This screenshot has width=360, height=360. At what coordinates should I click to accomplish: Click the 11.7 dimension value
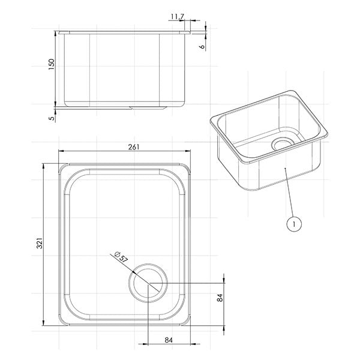click(x=178, y=17)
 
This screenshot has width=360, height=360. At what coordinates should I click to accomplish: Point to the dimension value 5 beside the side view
click(x=52, y=118)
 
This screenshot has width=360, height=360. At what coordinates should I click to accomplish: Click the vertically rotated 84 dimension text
click(x=220, y=298)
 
